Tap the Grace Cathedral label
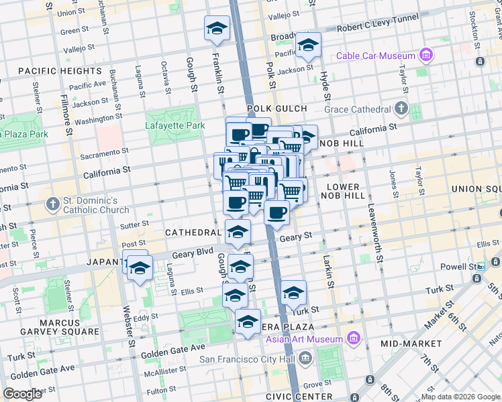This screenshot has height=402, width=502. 357,109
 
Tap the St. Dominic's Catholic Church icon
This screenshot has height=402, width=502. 53,203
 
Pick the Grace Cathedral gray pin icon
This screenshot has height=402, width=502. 401,108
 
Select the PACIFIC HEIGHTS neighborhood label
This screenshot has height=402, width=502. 60,70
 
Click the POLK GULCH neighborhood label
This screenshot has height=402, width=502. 277,109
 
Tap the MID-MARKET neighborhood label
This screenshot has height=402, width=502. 409,343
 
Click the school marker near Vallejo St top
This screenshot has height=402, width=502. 217,28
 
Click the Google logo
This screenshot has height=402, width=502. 23,394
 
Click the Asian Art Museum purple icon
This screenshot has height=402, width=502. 353,339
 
